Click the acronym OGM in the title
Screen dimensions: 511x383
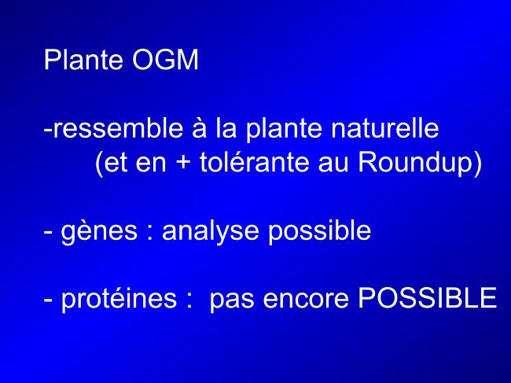165,60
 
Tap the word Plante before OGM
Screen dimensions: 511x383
83,60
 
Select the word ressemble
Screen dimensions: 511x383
118,128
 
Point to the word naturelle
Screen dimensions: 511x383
385,128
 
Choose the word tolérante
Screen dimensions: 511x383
254,162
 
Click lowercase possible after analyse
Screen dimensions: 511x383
320,232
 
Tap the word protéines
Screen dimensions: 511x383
119,299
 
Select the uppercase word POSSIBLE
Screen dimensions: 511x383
428,297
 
